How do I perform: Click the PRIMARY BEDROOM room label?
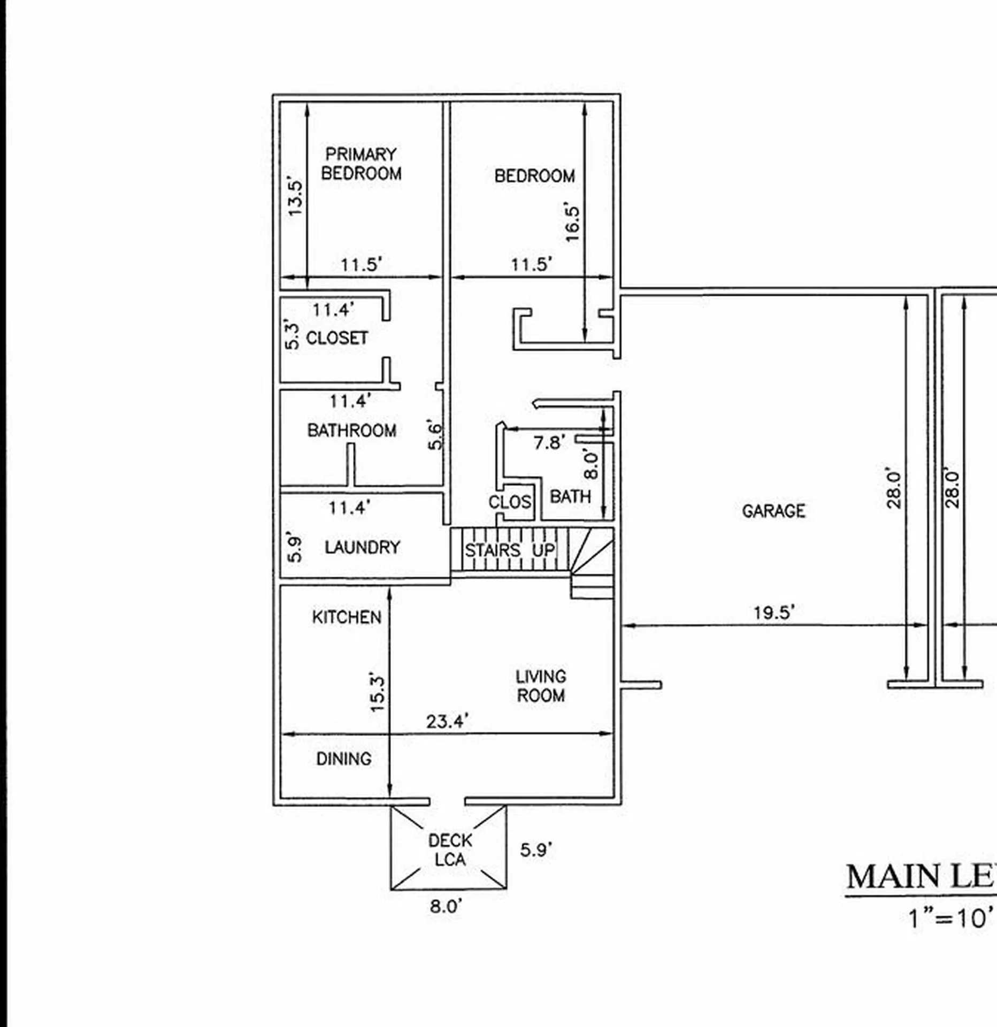[361, 164]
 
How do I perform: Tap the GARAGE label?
[773, 511]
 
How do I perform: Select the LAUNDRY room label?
[362, 547]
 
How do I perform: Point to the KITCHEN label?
[347, 617]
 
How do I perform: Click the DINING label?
[343, 758]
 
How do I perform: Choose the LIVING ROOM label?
[541, 686]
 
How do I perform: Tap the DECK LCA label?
[450, 849]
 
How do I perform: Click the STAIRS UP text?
[510, 550]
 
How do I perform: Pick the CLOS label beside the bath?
[510, 502]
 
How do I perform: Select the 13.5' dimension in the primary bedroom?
[295, 196]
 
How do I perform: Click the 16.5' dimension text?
[572, 223]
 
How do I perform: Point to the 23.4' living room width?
[447, 722]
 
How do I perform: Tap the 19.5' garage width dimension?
[774, 612]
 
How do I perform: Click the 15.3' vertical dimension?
[377, 694]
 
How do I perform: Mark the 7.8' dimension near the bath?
[549, 443]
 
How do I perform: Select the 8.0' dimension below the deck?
[446, 906]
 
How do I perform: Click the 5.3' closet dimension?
[292, 334]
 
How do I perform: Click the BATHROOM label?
[351, 430]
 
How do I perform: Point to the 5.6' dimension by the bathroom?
[436, 436]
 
